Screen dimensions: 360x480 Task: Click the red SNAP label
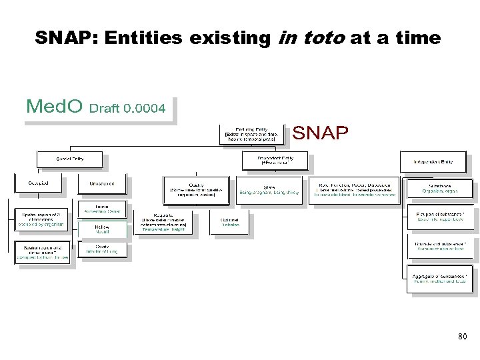click(x=320, y=133)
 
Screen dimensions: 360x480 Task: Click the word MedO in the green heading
click(x=54, y=106)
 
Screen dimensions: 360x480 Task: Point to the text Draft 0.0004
click(x=127, y=108)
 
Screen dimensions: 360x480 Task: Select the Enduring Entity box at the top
click(x=254, y=133)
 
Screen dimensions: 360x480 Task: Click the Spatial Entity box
click(x=69, y=160)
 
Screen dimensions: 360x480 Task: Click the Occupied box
click(x=38, y=183)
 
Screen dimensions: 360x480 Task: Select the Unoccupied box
click(x=102, y=183)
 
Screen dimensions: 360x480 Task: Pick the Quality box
click(x=196, y=189)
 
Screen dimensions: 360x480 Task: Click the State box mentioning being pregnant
click(x=269, y=189)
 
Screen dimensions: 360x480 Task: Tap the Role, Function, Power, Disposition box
click(x=354, y=189)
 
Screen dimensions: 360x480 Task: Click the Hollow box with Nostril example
click(x=102, y=229)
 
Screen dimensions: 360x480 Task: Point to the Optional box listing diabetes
click(x=229, y=222)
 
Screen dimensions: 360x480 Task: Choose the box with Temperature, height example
click(x=163, y=222)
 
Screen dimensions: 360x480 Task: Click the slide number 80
click(x=463, y=337)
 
